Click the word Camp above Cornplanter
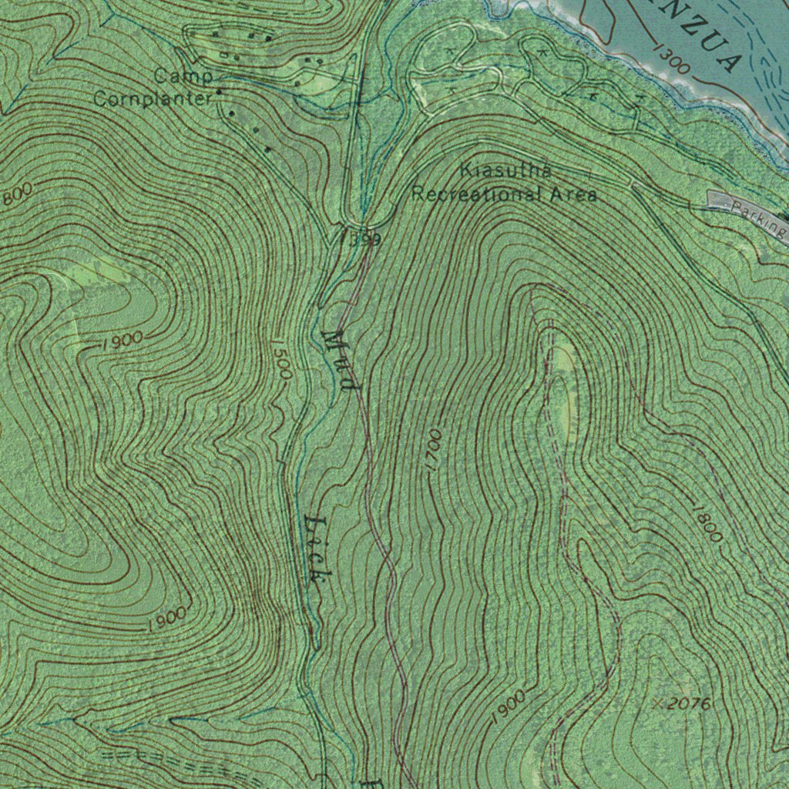[183, 76]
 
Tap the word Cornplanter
[153, 99]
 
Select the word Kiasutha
[505, 170]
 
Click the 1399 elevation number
[361, 240]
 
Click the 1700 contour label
[433, 452]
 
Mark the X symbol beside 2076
[657, 703]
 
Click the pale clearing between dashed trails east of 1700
[566, 385]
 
